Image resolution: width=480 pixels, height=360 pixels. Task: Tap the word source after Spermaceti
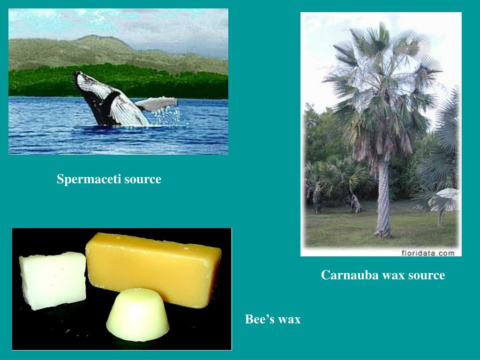coord(142,179)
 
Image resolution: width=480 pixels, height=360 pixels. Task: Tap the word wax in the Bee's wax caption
coord(289,320)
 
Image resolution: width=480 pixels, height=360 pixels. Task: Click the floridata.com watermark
coord(428,253)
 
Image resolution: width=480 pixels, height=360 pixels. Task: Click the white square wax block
coord(52,280)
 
